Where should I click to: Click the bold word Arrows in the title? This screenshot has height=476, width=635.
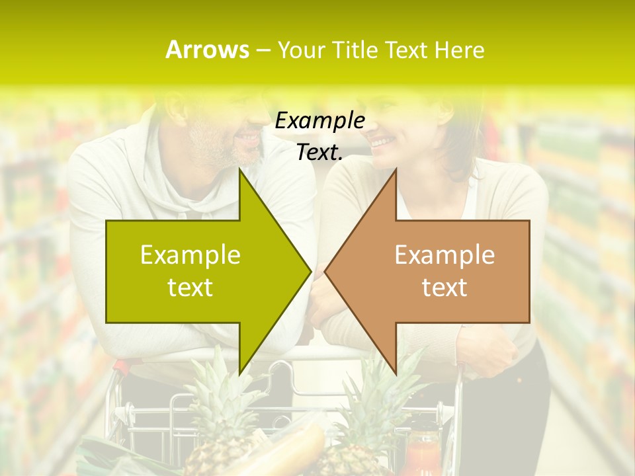pyautogui.click(x=208, y=50)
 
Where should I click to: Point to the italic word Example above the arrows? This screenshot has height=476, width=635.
pyautogui.click(x=319, y=120)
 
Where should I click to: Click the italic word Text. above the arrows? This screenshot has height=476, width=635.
pyautogui.click(x=319, y=152)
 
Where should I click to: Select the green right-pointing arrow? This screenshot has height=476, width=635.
pyautogui.click(x=198, y=271)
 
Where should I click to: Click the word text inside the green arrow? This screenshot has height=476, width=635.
pyautogui.click(x=190, y=288)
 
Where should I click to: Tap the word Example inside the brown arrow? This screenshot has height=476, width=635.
pyautogui.click(x=444, y=255)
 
